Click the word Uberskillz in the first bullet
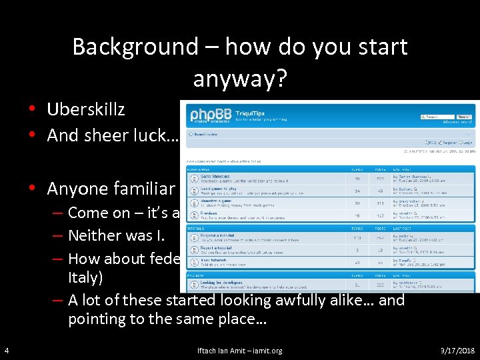tap(86, 109)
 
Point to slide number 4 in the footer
tap(6, 351)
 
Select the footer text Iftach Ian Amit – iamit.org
tap(240, 351)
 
